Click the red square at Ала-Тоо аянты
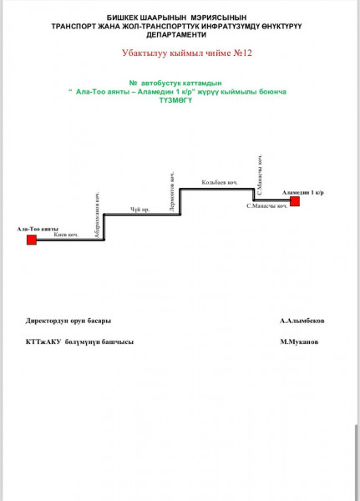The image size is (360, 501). tap(32, 240)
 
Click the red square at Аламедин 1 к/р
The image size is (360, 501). tap(295, 201)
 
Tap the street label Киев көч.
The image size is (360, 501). tap(66, 235)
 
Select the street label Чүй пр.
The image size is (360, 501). tap(139, 210)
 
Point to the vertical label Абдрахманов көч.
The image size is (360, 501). tap(97, 215)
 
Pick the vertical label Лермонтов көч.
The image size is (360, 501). tap(172, 192)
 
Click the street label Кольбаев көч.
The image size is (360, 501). tap(220, 182)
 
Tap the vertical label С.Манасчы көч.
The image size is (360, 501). tap(260, 175)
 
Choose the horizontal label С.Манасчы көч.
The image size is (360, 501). tap(267, 206)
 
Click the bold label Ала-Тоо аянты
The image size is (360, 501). tap(38, 229)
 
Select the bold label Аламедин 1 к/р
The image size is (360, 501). tap(302, 192)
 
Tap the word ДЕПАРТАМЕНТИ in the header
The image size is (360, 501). tap(176, 35)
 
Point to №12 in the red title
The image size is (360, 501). tap(242, 53)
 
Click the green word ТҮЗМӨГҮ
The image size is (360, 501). tap(176, 100)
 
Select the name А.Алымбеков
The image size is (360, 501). tap(302, 321)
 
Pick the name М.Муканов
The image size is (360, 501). tap(299, 342)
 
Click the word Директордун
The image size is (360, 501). tap(47, 321)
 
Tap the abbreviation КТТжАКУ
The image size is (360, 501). tap(43, 342)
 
